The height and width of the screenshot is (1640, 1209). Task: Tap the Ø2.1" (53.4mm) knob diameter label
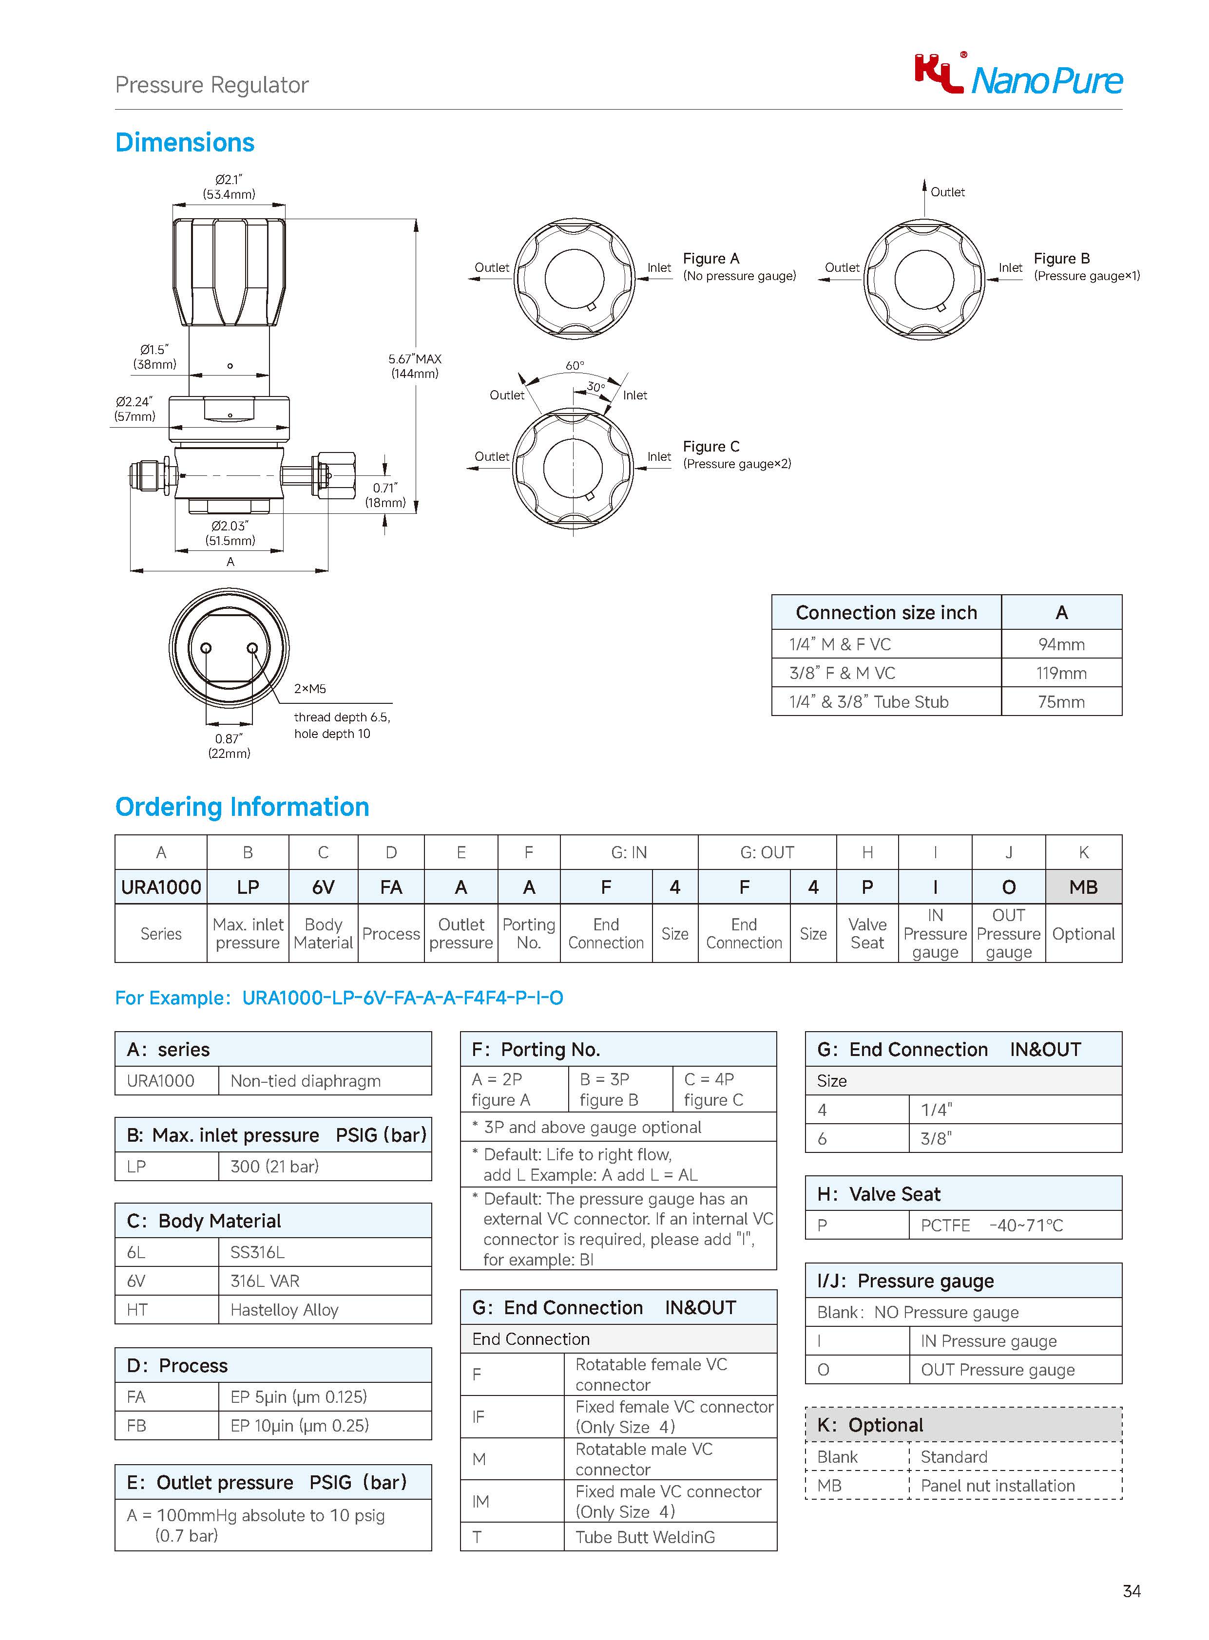click(229, 187)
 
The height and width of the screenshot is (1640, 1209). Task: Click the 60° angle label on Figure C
click(575, 365)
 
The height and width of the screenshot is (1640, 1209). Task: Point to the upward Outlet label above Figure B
click(947, 191)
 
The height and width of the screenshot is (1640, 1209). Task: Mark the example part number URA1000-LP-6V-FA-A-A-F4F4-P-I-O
click(403, 998)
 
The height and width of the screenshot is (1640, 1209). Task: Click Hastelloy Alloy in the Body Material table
click(284, 1309)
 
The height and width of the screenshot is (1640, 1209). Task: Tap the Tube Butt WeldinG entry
click(645, 1537)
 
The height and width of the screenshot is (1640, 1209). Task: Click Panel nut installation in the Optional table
click(998, 1485)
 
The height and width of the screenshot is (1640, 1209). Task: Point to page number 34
click(1131, 1590)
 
